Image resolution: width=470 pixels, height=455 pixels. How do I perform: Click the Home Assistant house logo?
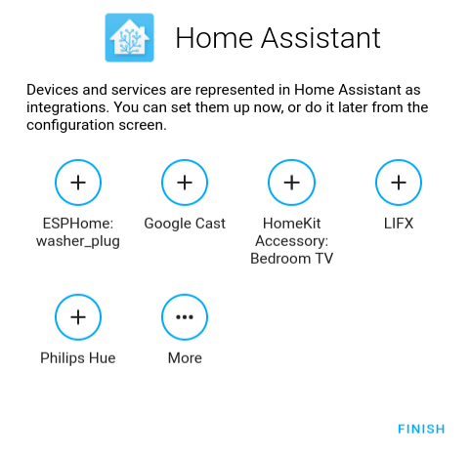coord(129,38)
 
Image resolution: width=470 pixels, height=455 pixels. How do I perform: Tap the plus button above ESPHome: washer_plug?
coord(78,183)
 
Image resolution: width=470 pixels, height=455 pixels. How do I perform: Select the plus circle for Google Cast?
coord(185,183)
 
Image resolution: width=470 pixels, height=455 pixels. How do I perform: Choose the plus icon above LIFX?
coord(399,183)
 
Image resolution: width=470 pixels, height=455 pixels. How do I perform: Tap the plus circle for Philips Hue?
coord(78,317)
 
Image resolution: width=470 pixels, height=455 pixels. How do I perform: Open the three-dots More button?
coord(185,317)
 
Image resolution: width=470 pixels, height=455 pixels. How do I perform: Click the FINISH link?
coord(421,429)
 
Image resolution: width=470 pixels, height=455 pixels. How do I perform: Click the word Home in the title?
coord(214,38)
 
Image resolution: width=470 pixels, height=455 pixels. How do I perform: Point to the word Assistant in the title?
coord(320,38)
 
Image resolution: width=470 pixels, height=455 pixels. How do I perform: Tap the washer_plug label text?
coord(78,241)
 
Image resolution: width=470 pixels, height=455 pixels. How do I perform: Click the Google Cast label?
coord(185,224)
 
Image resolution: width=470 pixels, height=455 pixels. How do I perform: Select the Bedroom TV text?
coord(292,259)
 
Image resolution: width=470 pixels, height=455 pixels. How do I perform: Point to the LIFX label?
coord(399,224)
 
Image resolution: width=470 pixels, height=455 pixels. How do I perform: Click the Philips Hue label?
coord(78,358)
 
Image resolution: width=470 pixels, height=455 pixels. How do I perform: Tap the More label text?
coord(185,358)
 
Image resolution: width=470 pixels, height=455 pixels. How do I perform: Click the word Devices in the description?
coord(53,90)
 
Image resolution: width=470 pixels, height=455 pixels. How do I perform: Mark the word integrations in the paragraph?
coord(67,107)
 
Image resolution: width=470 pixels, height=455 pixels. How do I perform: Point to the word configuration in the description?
coord(70,125)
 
